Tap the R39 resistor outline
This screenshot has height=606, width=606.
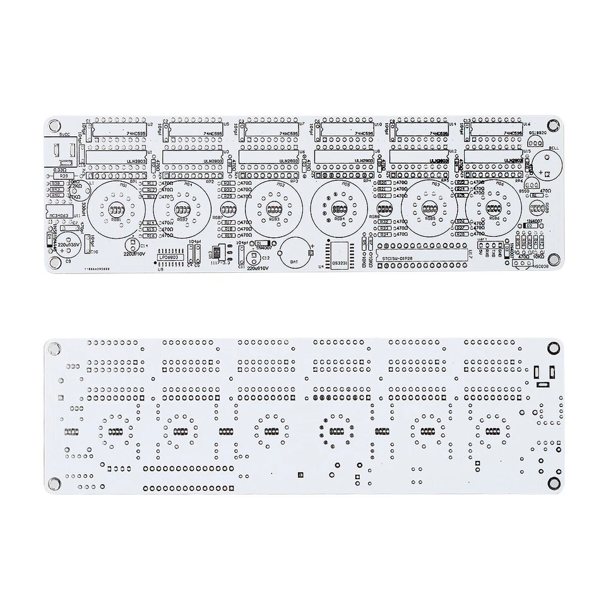pyautogui.click(x=63, y=176)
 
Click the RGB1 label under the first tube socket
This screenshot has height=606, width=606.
pyautogui.click(x=116, y=220)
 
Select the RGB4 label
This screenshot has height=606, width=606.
pyautogui.click(x=340, y=219)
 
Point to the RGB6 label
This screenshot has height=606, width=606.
pyautogui.click(x=495, y=218)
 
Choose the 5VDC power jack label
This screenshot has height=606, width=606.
pyautogui.click(x=64, y=133)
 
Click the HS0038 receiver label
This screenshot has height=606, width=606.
pyautogui.click(x=523, y=266)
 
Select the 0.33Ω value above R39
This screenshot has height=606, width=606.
pyautogui.click(x=60, y=169)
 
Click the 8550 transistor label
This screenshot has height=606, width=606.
pyautogui.click(x=523, y=189)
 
